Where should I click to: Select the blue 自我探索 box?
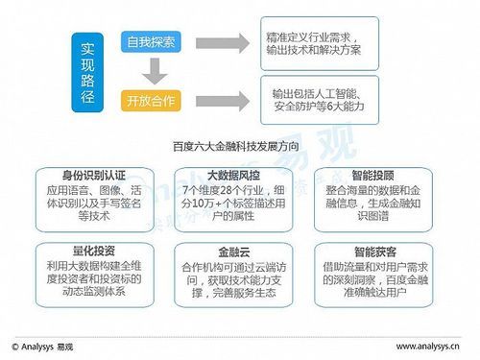[149, 43]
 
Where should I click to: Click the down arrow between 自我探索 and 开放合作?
[149, 72]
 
